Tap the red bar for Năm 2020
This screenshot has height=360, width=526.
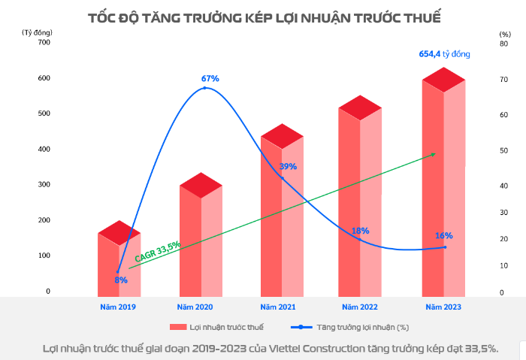click(201, 241)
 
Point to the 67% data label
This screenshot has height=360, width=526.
click(210, 78)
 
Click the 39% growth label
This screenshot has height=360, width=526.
click(289, 166)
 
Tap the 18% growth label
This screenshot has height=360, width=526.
click(361, 231)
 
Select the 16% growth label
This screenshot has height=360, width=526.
click(444, 235)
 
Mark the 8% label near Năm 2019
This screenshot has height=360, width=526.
click(121, 280)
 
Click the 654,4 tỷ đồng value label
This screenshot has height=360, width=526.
click(443, 54)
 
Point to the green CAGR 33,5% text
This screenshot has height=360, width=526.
click(157, 251)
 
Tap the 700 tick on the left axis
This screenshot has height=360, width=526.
click(43, 42)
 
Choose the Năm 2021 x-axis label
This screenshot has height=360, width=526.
click(279, 307)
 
